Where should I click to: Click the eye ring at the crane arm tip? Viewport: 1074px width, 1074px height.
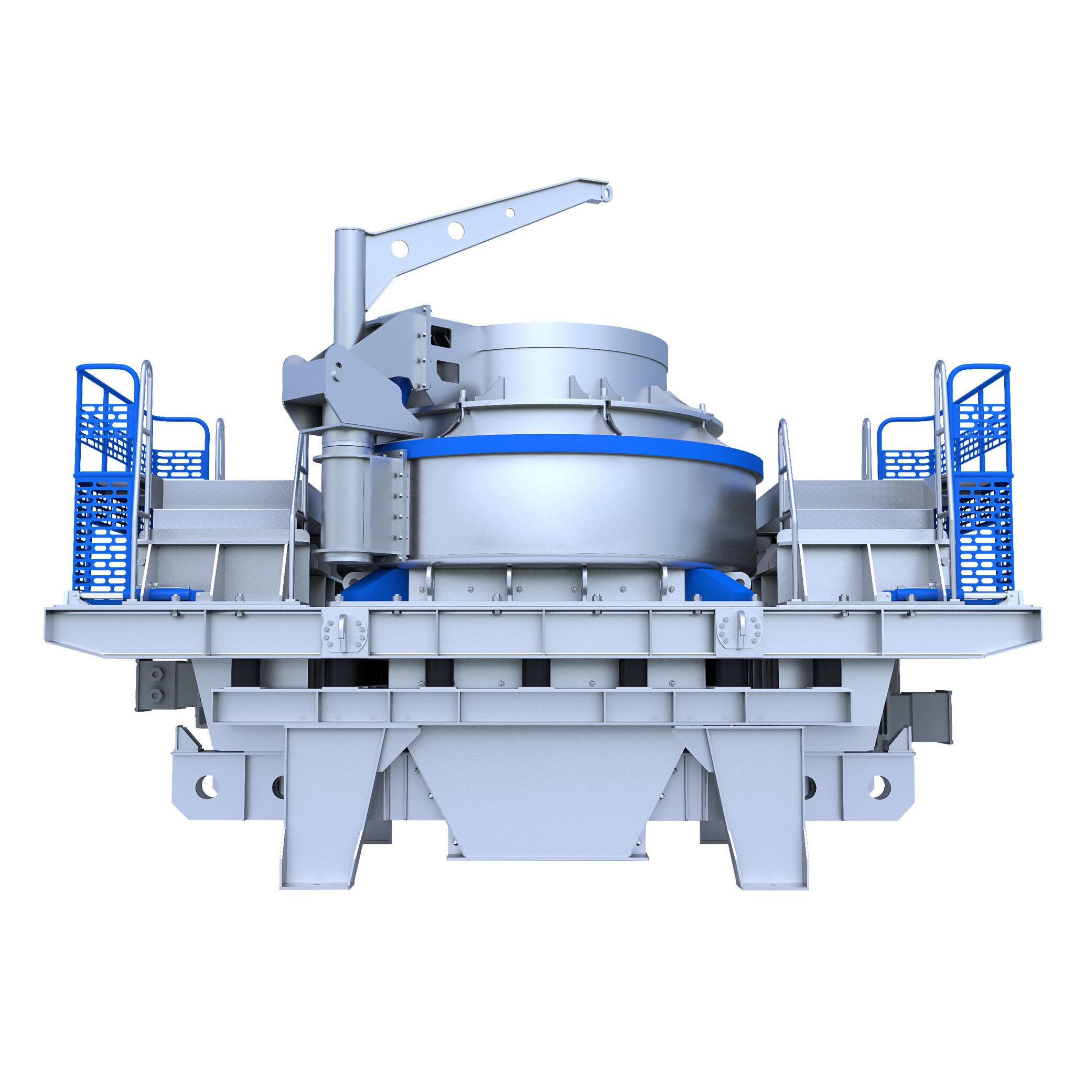pos(608,194)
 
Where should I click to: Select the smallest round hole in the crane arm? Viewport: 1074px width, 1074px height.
pos(510,212)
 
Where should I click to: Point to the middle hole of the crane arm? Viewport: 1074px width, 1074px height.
pos(456,230)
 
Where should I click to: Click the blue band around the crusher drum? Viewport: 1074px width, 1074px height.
pos(578,445)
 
